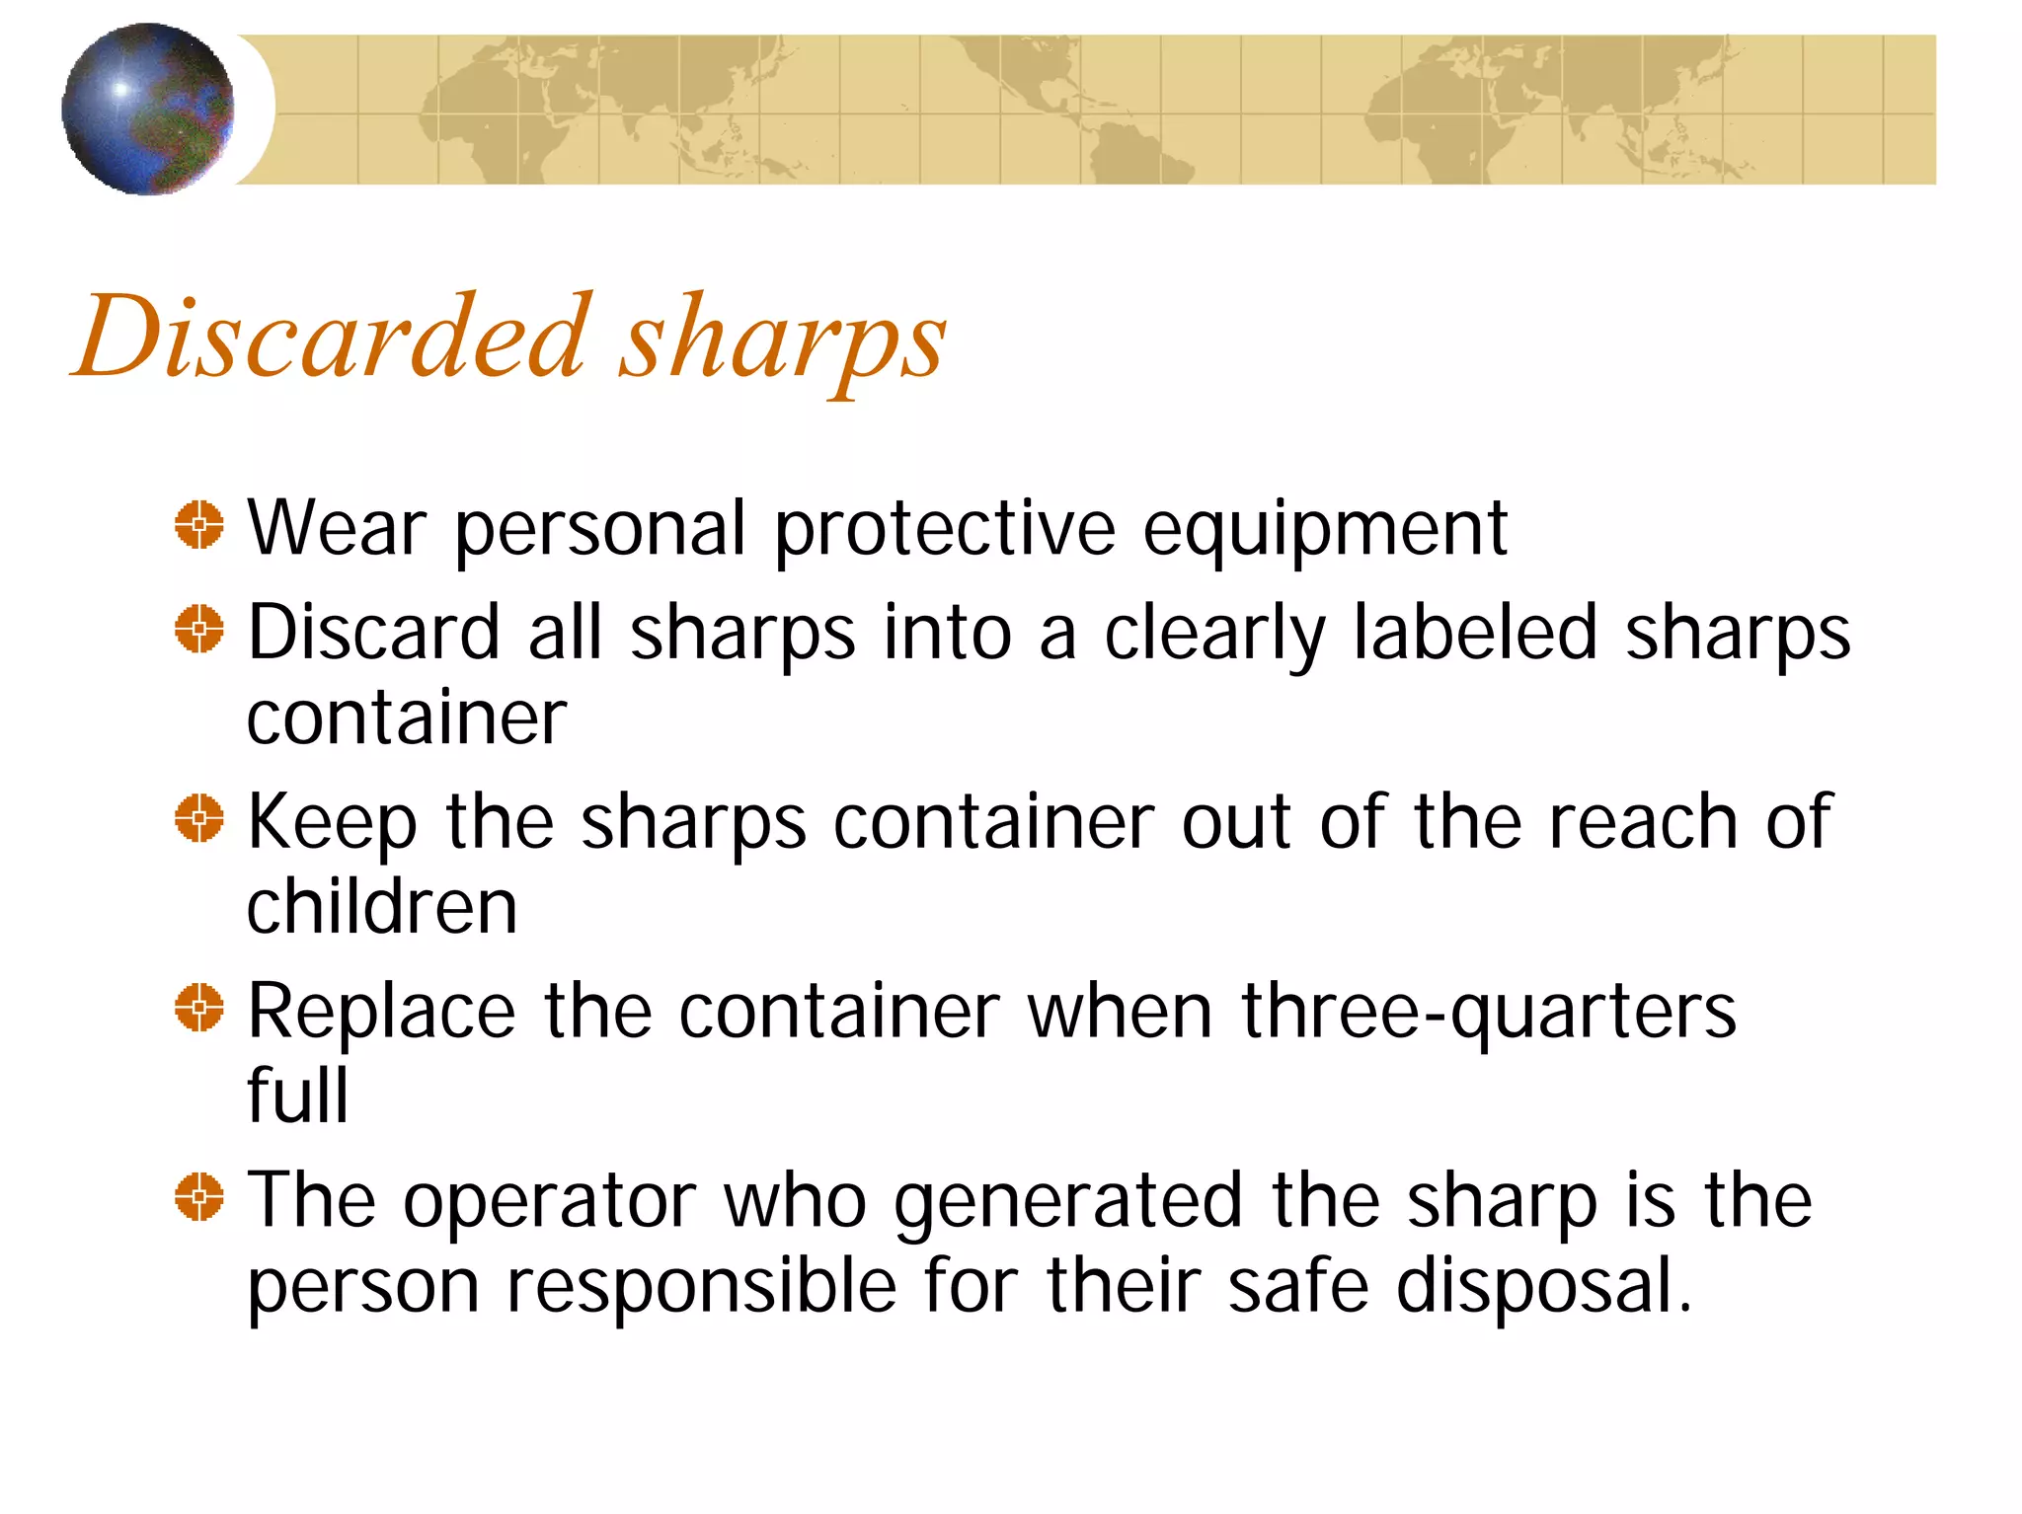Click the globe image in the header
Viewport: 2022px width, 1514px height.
(148, 109)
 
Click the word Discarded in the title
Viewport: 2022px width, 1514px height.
(331, 337)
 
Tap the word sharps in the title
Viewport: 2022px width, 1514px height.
(782, 341)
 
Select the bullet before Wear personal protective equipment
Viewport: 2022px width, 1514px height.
(199, 524)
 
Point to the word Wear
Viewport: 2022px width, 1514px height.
(337, 529)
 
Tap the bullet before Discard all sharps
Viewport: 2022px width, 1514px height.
(199, 629)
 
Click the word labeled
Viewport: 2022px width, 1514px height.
(1475, 633)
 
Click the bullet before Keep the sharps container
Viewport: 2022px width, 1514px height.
(199, 818)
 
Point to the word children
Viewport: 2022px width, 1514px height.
(382, 907)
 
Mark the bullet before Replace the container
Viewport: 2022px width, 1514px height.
(199, 1008)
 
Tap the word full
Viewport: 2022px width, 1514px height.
(297, 1096)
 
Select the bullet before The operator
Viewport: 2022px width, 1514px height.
(199, 1197)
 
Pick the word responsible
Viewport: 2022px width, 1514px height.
(701, 1287)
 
